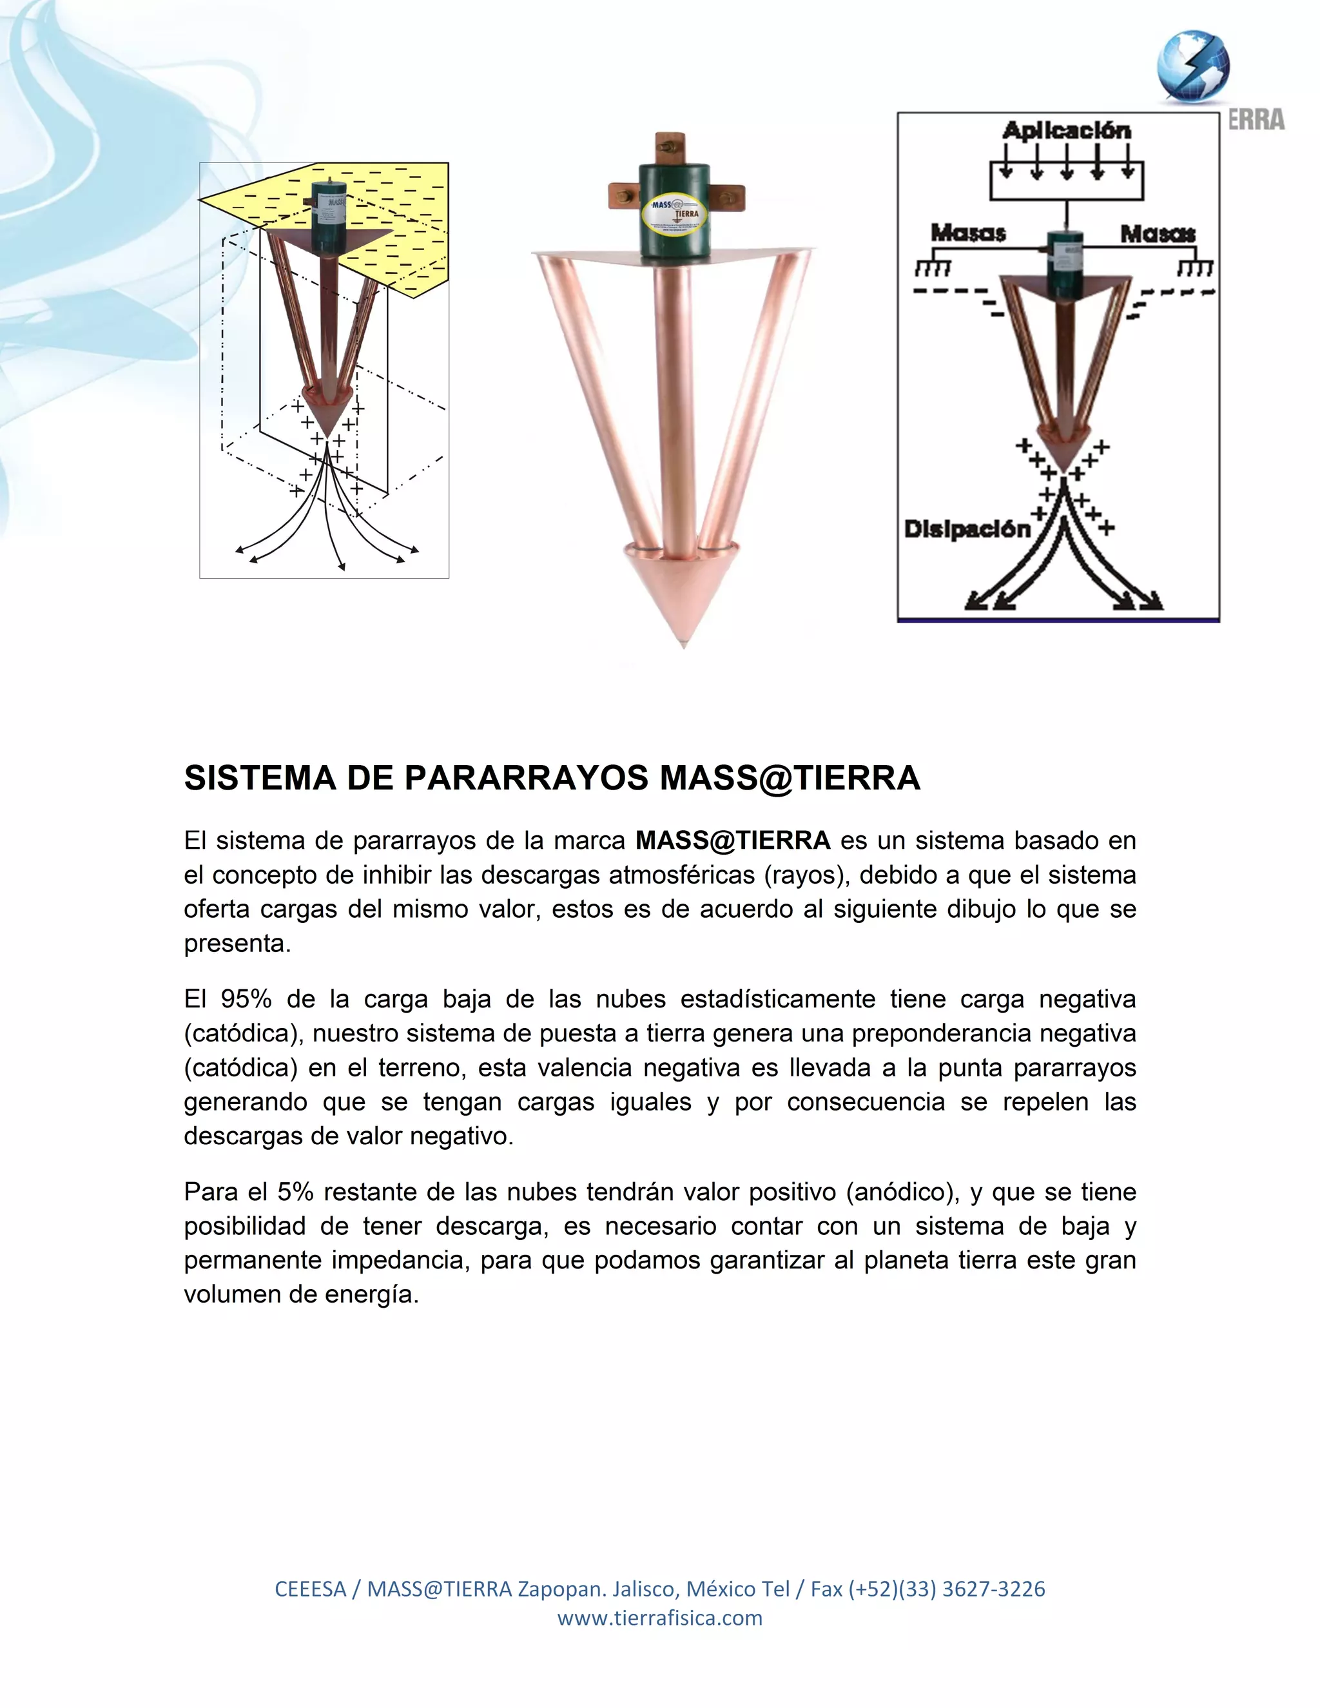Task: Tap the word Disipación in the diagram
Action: [967, 529]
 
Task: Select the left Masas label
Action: [968, 233]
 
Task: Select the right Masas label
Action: [1158, 233]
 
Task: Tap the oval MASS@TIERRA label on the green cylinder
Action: [674, 214]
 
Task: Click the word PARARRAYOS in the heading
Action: [525, 778]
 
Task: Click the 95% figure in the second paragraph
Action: [246, 998]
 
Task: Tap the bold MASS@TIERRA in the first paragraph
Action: [733, 840]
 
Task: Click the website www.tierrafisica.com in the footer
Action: [659, 1618]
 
